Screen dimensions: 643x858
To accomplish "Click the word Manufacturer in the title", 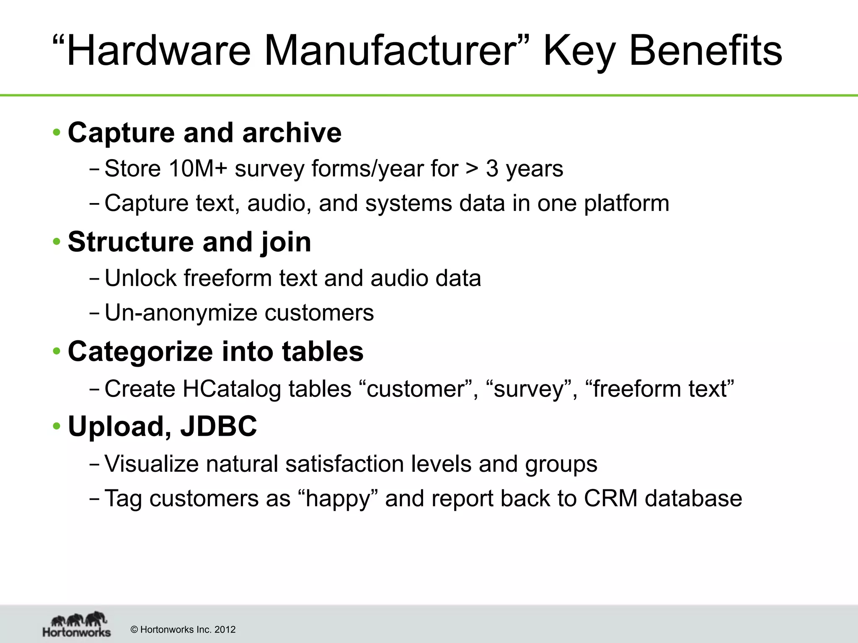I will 388,51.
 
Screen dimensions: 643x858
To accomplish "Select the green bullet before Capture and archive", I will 57,133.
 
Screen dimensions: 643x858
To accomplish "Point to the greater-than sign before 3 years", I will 472,169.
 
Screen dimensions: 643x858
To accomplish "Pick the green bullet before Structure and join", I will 57,242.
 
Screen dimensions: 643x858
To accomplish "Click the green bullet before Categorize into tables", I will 57,351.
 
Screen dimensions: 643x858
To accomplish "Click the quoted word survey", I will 529,389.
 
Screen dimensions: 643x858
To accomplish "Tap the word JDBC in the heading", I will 218,427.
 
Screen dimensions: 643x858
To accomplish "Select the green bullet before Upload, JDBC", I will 57,427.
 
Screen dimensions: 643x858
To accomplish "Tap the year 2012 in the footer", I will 225,630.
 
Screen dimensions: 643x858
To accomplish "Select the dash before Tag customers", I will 94,499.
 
